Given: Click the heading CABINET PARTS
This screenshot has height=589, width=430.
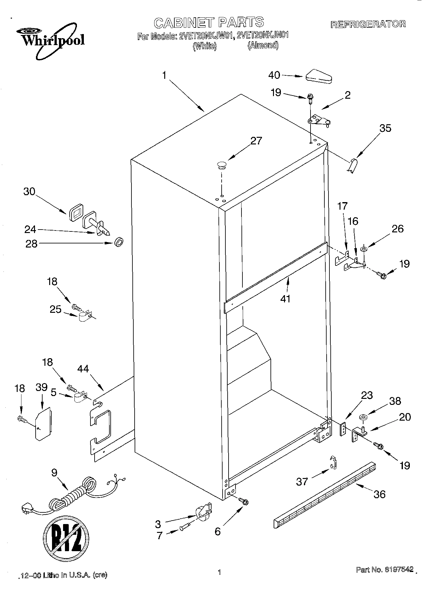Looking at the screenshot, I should coord(209,22).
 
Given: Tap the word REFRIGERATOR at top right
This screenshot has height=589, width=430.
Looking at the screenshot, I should coord(368,24).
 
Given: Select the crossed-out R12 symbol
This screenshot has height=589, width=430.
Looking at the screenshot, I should coord(66,538).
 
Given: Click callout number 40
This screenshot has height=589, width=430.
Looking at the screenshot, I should coord(274,75).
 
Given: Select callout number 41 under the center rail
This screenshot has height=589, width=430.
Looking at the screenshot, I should coord(285,298).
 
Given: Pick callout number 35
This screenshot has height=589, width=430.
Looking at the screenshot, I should coord(385,128).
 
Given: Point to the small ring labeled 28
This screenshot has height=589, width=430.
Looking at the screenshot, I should coord(119,243).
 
